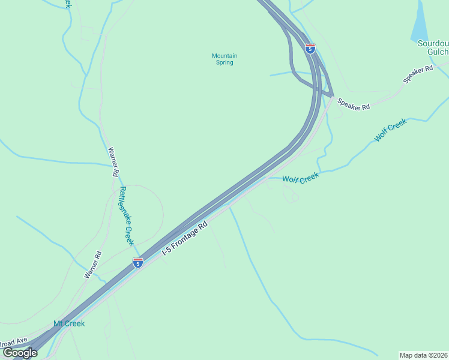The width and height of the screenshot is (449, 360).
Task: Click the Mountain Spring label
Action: (224, 59)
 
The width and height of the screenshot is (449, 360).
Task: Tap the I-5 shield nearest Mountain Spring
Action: (310, 49)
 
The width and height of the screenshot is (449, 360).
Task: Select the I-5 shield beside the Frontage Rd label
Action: (138, 263)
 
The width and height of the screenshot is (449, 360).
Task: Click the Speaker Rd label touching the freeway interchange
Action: (354, 103)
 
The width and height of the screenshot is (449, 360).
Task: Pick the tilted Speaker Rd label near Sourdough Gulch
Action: (418, 75)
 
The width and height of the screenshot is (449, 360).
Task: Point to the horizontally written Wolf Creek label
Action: (300, 179)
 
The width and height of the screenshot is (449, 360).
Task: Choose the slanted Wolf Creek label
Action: (391, 130)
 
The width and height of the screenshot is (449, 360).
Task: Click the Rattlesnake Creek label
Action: (125, 216)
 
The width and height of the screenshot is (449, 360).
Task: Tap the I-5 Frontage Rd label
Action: (185, 239)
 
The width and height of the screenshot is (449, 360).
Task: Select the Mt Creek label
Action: (69, 323)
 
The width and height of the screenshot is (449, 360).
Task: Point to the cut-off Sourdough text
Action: (434, 43)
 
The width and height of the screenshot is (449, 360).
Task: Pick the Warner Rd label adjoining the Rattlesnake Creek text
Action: (112, 162)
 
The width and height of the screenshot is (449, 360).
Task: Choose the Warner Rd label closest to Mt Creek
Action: (93, 265)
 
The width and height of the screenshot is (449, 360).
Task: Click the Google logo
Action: (20, 353)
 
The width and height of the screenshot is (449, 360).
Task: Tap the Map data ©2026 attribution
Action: (423, 355)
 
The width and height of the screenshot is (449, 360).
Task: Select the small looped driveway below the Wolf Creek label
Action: (290, 194)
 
